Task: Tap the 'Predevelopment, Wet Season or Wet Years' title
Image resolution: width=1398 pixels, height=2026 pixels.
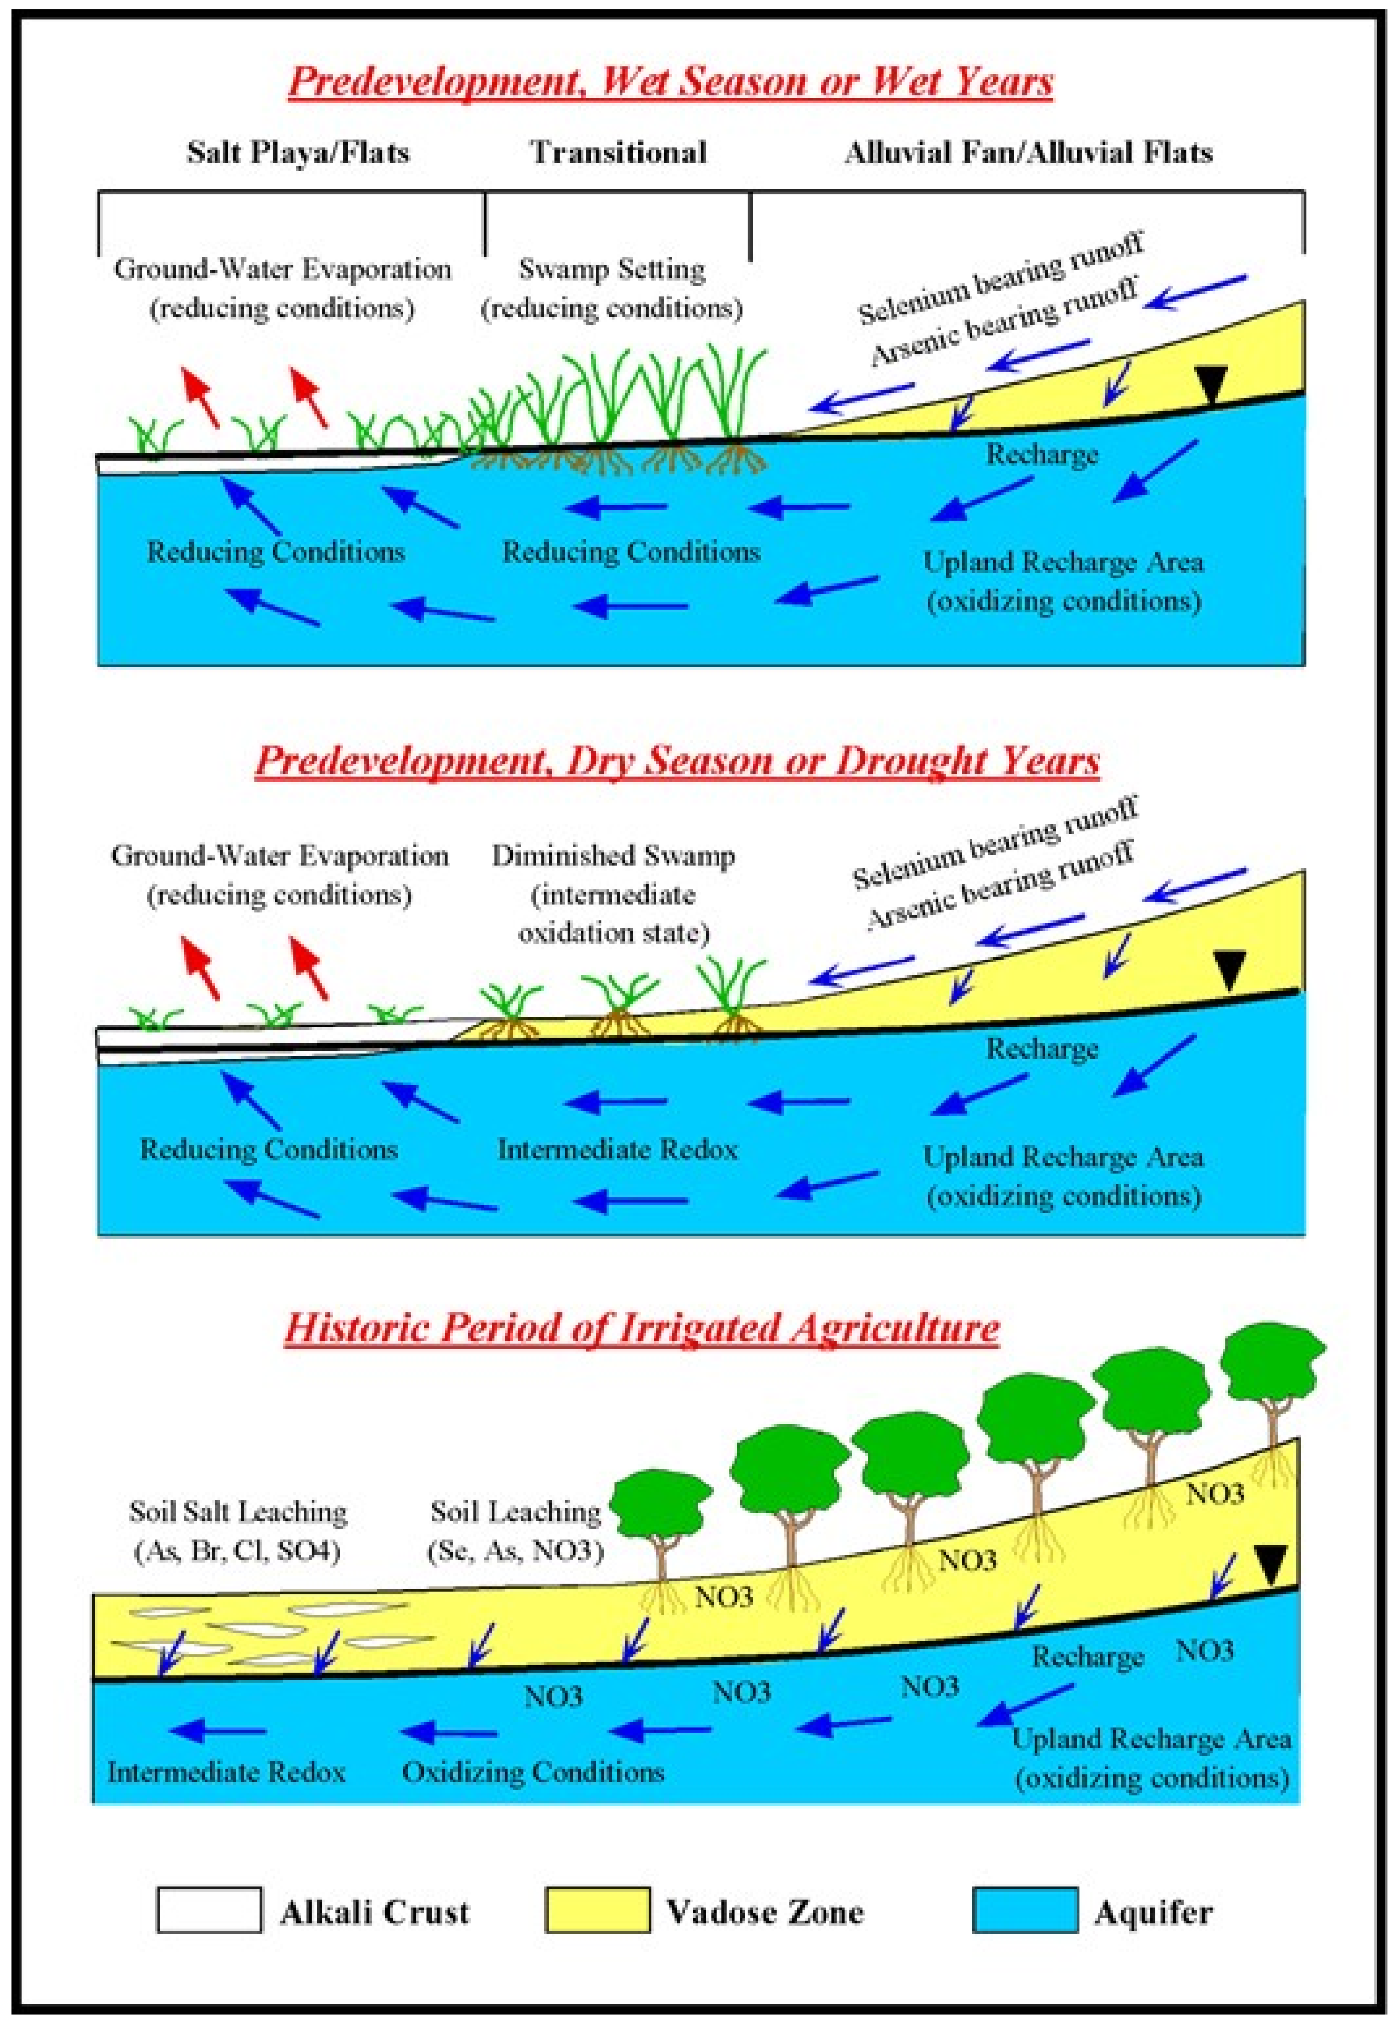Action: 671,82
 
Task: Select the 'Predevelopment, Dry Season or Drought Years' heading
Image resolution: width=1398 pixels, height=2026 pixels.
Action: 677,760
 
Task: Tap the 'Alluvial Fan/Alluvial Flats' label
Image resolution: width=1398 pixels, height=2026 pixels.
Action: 1028,153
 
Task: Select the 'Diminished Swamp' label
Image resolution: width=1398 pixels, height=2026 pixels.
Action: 613,855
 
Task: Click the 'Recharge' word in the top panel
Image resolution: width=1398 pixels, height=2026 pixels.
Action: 1042,454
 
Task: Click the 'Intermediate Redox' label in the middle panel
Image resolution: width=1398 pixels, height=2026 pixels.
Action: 618,1149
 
